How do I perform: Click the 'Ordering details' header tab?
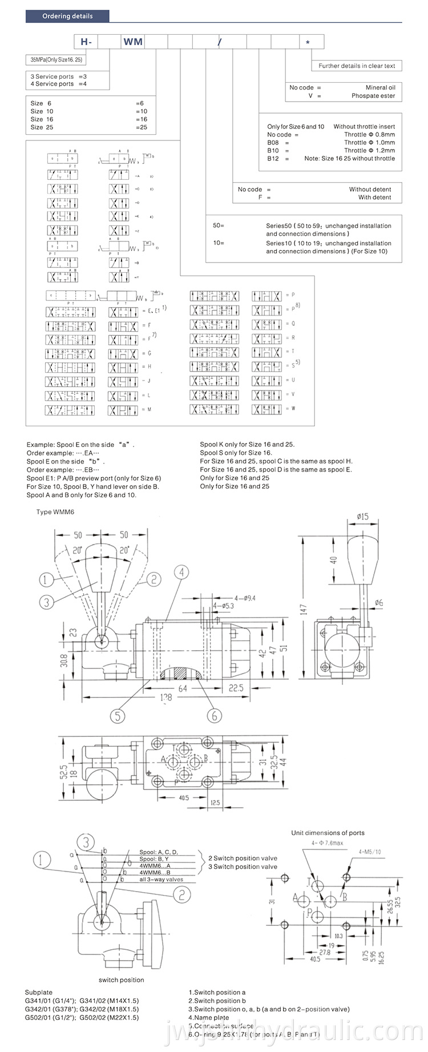coord(67,16)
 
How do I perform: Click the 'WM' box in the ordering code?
coord(133,42)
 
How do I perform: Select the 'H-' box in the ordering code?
coord(86,42)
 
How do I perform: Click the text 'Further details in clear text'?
coord(357,66)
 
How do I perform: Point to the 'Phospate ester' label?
coord(373,96)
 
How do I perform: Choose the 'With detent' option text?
coord(374,197)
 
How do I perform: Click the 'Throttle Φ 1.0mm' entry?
coord(369,143)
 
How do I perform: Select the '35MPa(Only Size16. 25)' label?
coord(56,59)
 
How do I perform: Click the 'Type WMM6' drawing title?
coord(55,512)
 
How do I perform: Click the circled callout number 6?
coord(215,715)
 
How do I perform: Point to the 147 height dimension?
coord(304,609)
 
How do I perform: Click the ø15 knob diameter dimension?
coord(362,517)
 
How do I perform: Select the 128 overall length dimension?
coord(165,697)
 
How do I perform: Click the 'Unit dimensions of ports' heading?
coord(328,833)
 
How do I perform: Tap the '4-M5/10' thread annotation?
coord(370,852)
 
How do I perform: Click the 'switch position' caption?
coord(121,980)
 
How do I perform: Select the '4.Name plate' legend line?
coord(209,1017)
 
